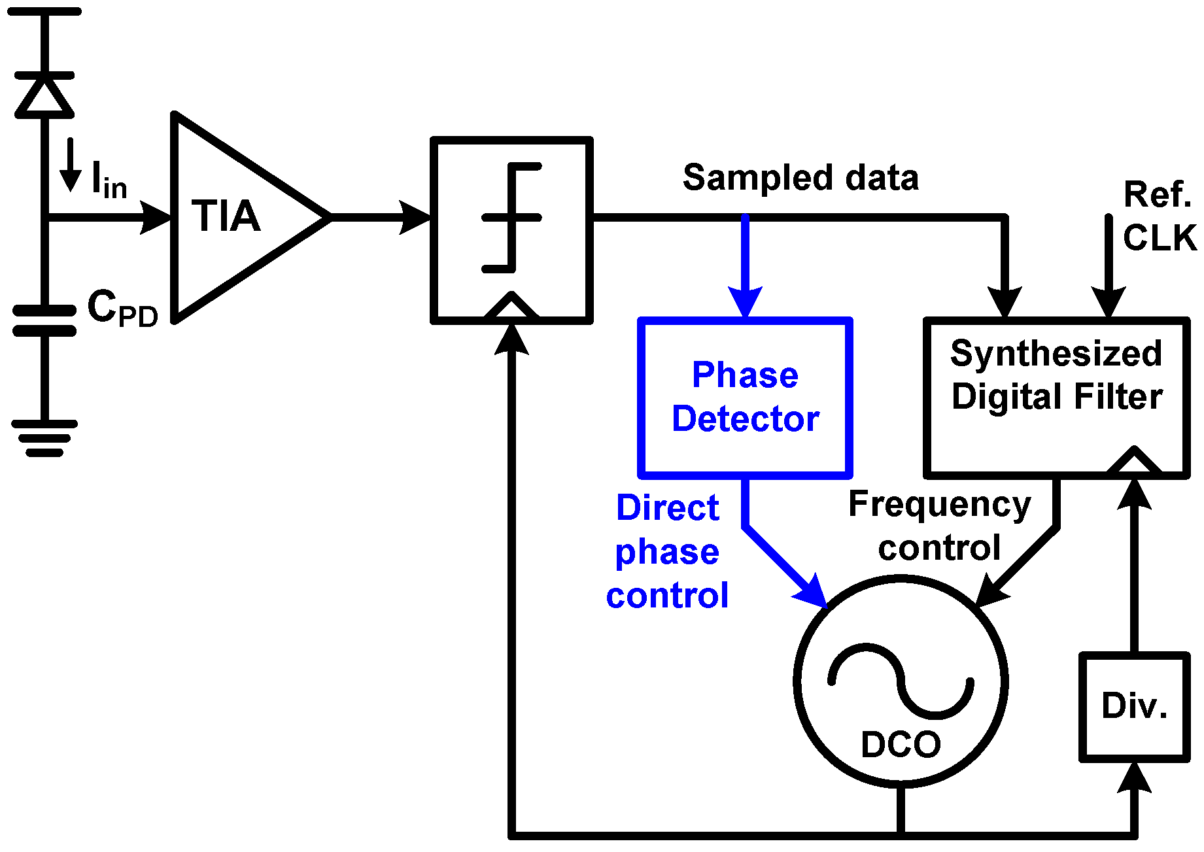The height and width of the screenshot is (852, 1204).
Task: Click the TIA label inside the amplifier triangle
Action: coord(226,216)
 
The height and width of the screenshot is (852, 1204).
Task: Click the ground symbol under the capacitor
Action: coord(44,437)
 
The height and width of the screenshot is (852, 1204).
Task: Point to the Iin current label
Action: coord(109,180)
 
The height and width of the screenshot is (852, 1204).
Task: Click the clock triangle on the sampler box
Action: coord(511,306)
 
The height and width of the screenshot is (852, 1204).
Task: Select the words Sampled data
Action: coord(800,177)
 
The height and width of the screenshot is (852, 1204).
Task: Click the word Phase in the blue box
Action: coord(745,375)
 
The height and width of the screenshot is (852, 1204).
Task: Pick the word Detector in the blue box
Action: coord(745,418)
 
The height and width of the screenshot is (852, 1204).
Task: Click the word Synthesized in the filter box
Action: coord(1056,354)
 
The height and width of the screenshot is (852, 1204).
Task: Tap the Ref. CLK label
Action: coord(1158,216)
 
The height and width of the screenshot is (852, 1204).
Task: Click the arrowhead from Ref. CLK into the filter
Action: coord(1109,302)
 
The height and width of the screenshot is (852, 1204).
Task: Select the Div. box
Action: coord(1134,706)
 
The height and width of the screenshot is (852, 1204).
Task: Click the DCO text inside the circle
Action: coord(901,744)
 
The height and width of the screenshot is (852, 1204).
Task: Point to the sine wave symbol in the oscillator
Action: coord(901,680)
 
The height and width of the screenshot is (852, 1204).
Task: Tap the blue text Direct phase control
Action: coord(667,551)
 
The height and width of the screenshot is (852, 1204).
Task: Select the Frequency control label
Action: coord(939,526)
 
